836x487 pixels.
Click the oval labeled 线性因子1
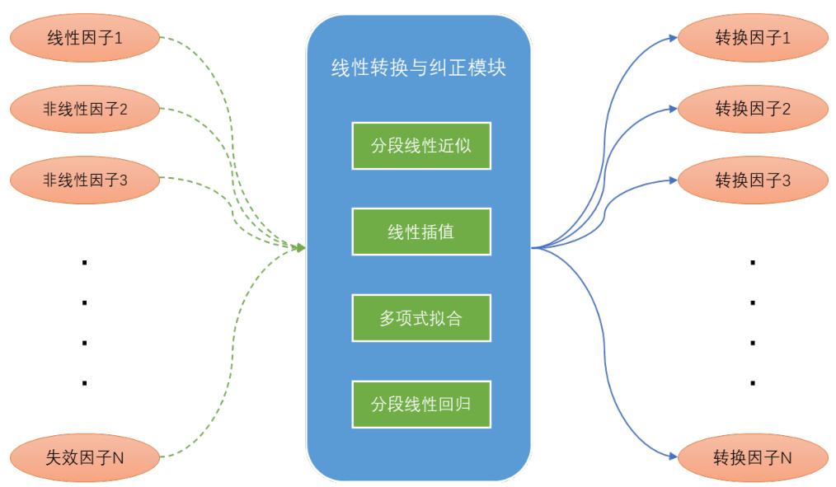click(83, 37)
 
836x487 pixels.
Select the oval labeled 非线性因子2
click(83, 108)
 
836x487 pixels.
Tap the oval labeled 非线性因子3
click(83, 179)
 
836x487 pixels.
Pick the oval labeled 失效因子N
click(83, 456)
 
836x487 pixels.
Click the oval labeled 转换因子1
click(752, 37)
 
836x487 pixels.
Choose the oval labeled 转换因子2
click(752, 108)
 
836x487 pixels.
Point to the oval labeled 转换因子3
click(752, 180)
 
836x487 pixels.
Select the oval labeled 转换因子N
click(752, 457)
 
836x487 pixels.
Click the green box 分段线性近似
click(421, 146)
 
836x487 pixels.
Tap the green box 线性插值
click(421, 232)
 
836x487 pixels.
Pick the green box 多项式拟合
click(421, 317)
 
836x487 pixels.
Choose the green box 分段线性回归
click(421, 404)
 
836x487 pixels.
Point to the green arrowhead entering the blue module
click(301, 248)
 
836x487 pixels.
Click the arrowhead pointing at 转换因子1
click(673, 37)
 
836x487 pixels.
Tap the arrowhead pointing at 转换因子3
click(673, 180)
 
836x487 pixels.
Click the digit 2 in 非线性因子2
click(123, 108)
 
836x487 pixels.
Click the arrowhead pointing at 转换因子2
click(673, 108)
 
